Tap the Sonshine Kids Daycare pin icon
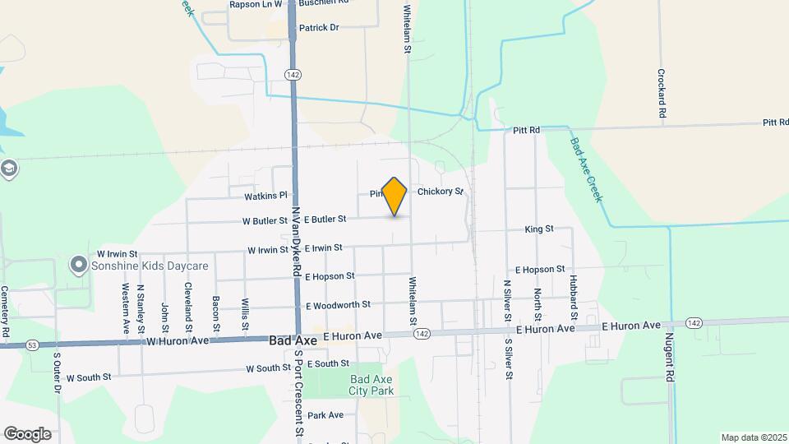[79, 265]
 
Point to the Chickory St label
[441, 192]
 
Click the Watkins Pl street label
[265, 196]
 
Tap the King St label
[539, 229]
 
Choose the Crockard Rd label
[661, 92]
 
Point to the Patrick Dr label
[319, 27]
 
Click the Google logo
[26, 433]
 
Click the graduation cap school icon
[8, 169]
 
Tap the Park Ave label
[325, 415]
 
